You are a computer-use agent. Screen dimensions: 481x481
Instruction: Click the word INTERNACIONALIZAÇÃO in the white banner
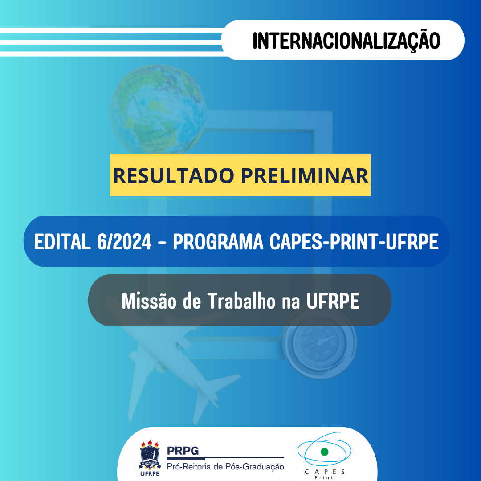click(x=346, y=40)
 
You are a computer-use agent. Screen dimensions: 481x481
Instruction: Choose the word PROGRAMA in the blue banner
click(x=218, y=242)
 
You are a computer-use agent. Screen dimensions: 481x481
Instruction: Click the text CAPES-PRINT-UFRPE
click(x=354, y=242)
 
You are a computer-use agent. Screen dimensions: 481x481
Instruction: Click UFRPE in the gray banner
click(x=333, y=302)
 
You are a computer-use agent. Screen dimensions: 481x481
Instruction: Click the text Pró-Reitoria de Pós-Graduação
click(x=225, y=466)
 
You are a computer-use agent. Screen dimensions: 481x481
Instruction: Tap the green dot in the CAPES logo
click(x=324, y=452)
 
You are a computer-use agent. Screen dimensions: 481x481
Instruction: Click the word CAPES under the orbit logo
click(x=325, y=472)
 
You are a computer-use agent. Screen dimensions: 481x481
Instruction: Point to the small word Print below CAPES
click(x=325, y=478)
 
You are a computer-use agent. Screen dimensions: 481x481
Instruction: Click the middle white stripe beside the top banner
click(x=111, y=42)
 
